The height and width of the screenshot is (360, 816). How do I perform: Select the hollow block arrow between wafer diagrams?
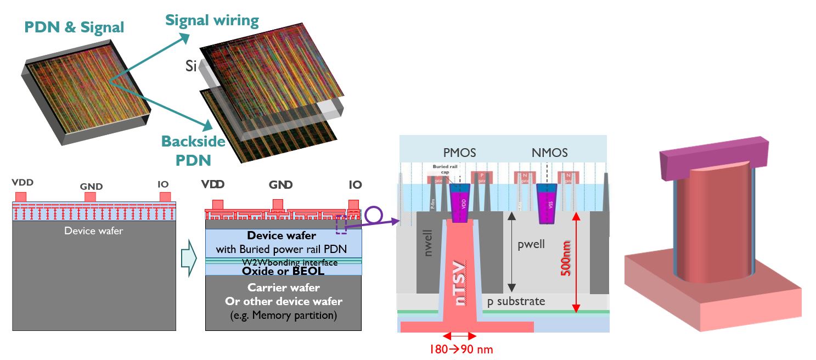[x=188, y=258]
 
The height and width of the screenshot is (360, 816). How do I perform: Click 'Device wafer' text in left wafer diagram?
[x=94, y=231]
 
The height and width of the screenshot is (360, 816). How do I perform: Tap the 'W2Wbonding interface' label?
[x=283, y=262]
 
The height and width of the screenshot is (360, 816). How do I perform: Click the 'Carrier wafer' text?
[x=283, y=288]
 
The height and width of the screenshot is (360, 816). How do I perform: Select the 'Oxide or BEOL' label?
[x=283, y=271]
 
